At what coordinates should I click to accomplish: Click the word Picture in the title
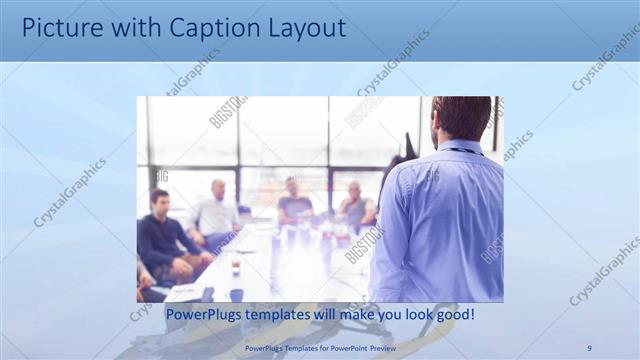61,28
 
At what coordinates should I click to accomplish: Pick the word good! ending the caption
452,315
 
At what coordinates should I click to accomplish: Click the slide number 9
589,347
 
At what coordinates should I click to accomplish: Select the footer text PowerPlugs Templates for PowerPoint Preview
319,347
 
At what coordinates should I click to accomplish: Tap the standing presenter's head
461,118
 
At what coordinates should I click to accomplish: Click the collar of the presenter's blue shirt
460,148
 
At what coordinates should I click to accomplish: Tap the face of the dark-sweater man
159,200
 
